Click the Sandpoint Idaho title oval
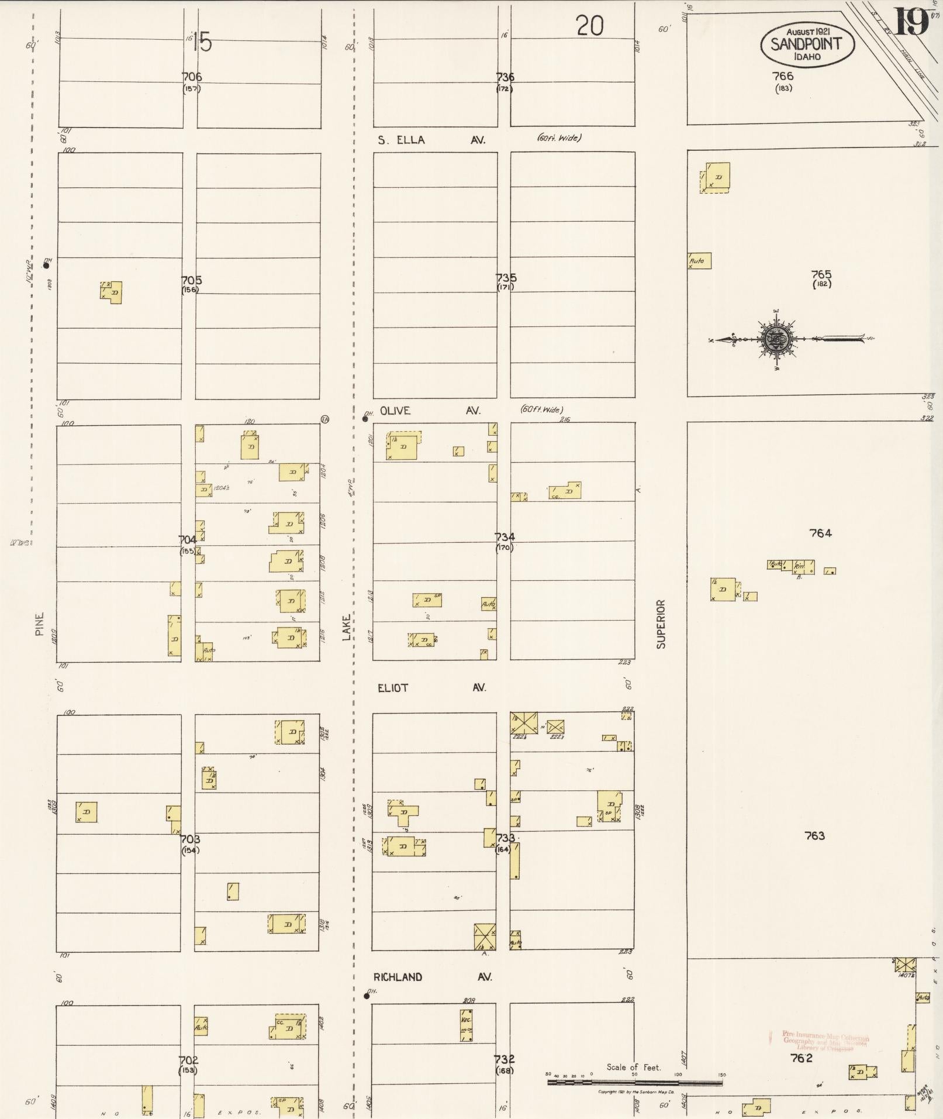(x=807, y=44)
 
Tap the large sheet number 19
(x=910, y=23)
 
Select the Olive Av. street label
(x=430, y=411)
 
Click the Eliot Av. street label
(x=431, y=687)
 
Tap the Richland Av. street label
(x=433, y=977)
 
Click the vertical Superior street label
(x=661, y=624)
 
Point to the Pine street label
(x=40, y=624)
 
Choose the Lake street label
(x=347, y=626)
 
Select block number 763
(x=814, y=836)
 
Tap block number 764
(x=820, y=533)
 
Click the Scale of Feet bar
(x=634, y=1083)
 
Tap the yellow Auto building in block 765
(x=699, y=260)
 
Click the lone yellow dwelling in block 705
(x=111, y=292)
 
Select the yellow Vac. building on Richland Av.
(x=466, y=1025)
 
